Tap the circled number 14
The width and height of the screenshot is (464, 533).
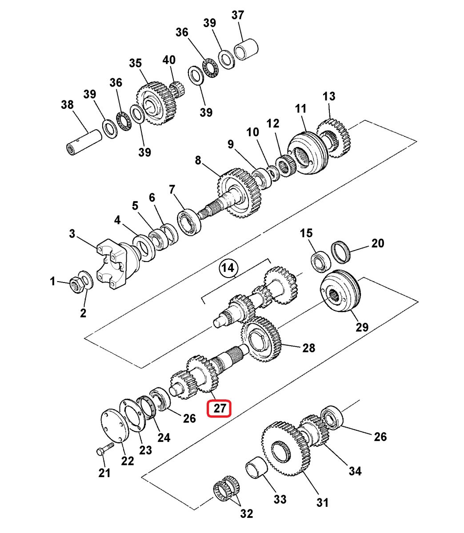pos(228,268)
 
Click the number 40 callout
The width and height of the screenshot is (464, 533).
pos(169,60)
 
